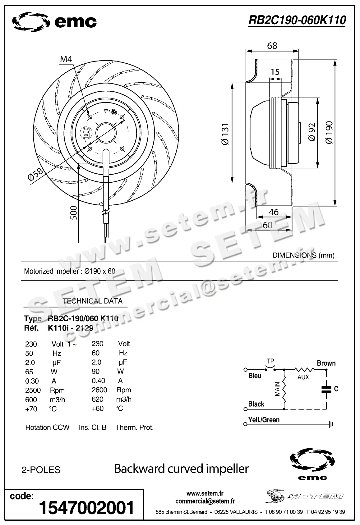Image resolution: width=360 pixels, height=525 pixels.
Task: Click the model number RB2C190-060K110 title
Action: pos(297,20)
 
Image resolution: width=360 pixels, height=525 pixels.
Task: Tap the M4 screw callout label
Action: pos(66,59)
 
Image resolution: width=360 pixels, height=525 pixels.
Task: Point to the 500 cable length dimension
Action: pos(74,213)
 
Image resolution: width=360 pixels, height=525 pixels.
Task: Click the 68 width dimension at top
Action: pos(272,46)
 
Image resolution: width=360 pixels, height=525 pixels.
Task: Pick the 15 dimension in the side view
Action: pos(275,72)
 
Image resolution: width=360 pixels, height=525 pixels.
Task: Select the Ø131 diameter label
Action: pos(225,134)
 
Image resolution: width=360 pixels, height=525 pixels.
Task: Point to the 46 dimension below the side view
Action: pos(274,212)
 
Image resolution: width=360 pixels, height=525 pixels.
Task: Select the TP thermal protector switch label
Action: pos(270,362)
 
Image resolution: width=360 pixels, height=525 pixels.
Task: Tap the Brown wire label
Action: pos(326,363)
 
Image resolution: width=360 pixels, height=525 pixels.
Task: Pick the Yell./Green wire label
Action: pos(264,420)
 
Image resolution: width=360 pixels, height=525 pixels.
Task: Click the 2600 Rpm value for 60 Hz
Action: pos(99,390)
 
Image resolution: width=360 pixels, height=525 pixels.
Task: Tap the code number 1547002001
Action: pos(86,508)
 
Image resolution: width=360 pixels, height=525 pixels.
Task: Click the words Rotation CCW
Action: pos(47,427)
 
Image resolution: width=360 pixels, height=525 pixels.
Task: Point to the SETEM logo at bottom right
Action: pos(305,496)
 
